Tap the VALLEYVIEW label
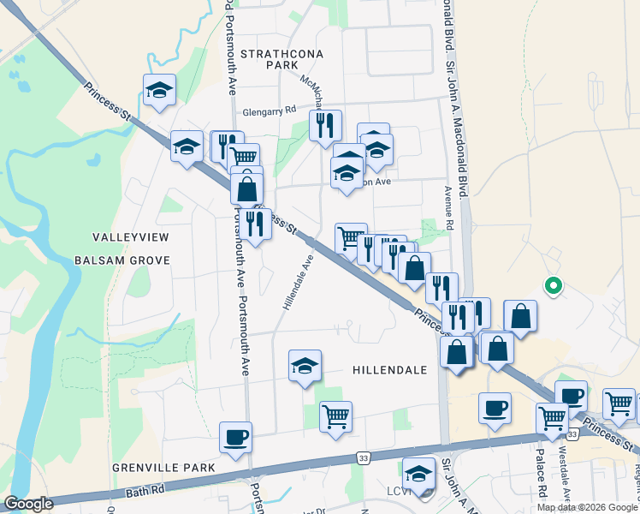coord(131,236)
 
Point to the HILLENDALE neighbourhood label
coord(389,369)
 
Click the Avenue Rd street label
coord(447,209)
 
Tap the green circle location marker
coord(554,286)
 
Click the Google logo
coord(28,504)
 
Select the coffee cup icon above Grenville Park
coord(235,437)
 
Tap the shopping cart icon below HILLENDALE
coord(335,416)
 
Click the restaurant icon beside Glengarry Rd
coord(324,125)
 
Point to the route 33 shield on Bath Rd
coord(364,458)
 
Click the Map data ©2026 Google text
coord(586,507)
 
